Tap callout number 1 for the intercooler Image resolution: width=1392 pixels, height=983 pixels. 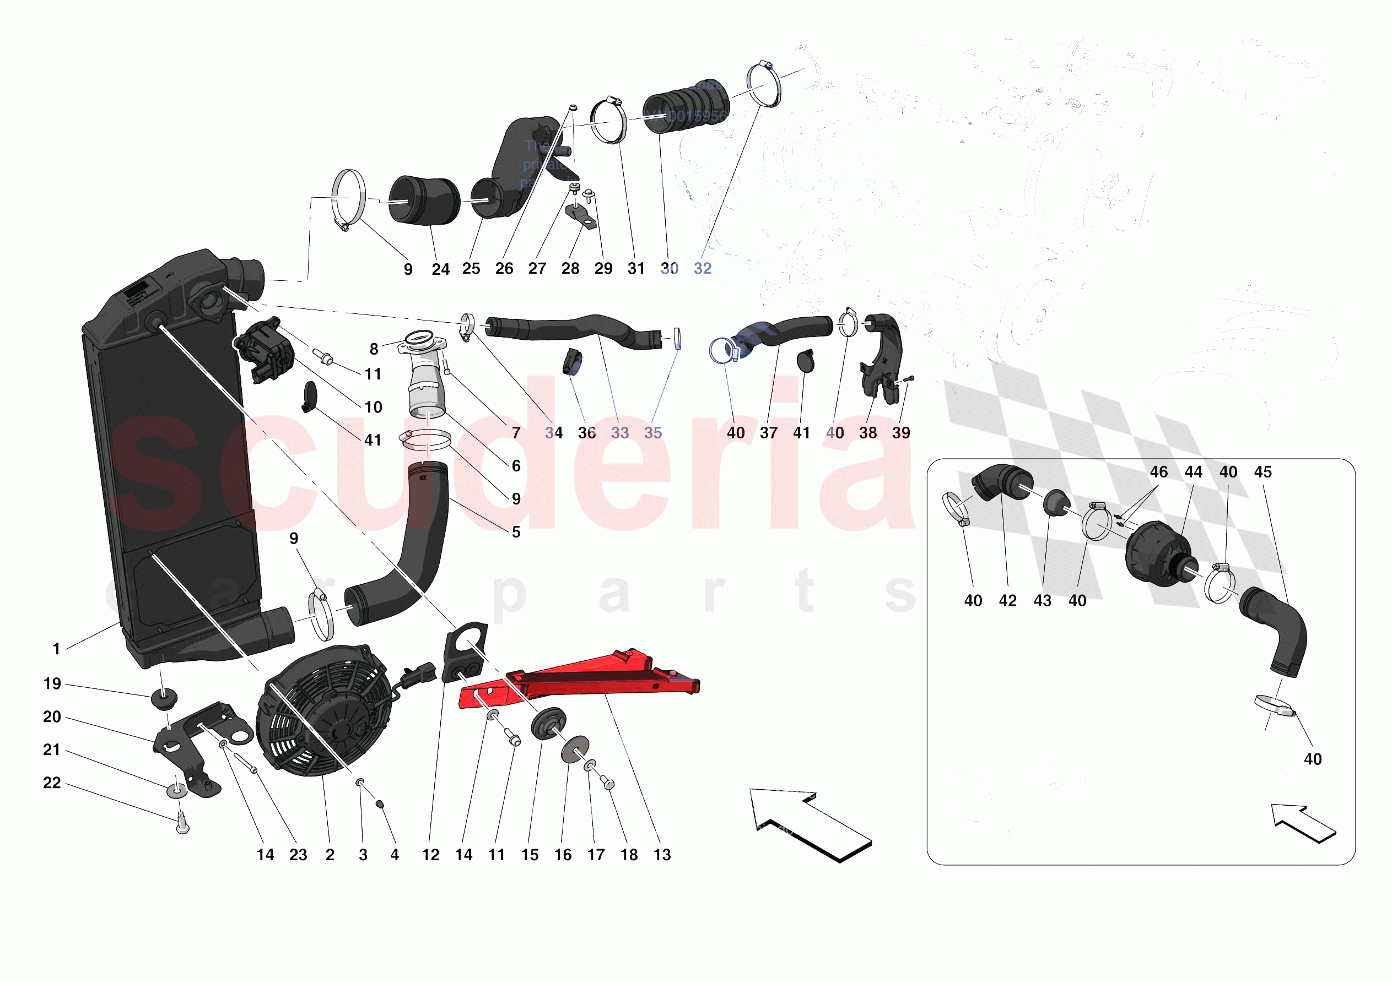(x=56, y=649)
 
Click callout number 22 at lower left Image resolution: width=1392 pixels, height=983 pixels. (x=52, y=783)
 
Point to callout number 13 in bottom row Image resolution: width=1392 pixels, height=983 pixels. (x=662, y=855)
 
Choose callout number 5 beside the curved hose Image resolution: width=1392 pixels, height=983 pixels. (x=516, y=532)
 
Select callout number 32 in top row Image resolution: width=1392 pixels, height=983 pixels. (x=702, y=269)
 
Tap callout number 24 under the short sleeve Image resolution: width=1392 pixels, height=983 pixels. (x=441, y=269)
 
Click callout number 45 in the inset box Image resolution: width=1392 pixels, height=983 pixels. (x=1263, y=472)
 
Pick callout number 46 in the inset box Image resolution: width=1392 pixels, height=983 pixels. (x=1158, y=472)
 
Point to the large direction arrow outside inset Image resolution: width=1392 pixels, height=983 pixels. (x=810, y=824)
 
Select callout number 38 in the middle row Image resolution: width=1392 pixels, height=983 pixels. (x=867, y=433)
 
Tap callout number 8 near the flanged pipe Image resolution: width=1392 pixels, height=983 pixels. (x=374, y=349)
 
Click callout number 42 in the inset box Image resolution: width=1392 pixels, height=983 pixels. (x=1007, y=601)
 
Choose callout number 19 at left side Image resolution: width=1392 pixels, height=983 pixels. (x=52, y=684)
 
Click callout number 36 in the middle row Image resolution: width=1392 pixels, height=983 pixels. (x=587, y=433)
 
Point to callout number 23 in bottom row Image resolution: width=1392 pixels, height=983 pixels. (x=298, y=855)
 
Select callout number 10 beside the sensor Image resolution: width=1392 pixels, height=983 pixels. (x=374, y=408)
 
